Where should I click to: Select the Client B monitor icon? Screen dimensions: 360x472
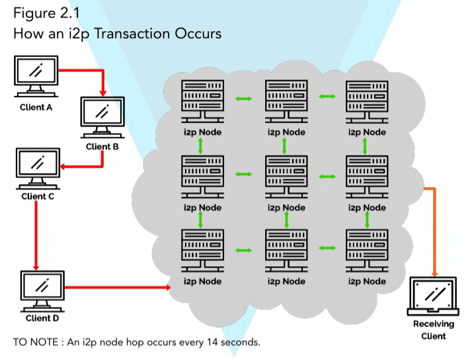point(102,118)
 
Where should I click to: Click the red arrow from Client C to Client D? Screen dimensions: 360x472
point(34,231)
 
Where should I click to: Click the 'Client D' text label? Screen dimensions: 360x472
point(42,318)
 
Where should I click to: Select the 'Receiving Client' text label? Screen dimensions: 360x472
point(434,330)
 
